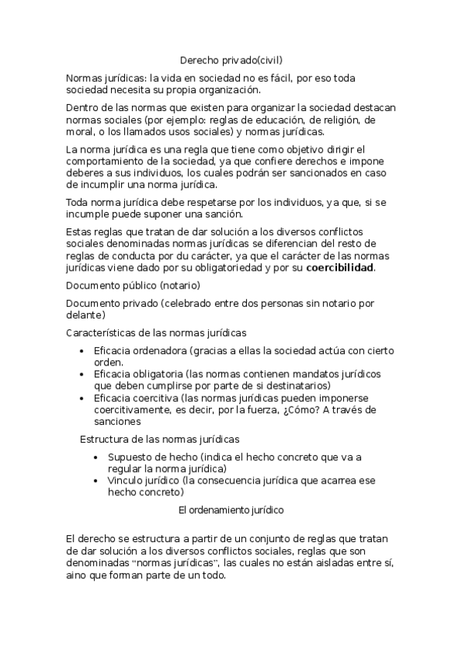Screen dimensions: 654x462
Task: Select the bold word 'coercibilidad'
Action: [x=339, y=268]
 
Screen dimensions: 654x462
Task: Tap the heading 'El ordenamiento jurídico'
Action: [x=231, y=510]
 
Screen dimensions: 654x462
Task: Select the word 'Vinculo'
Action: [x=126, y=480]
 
